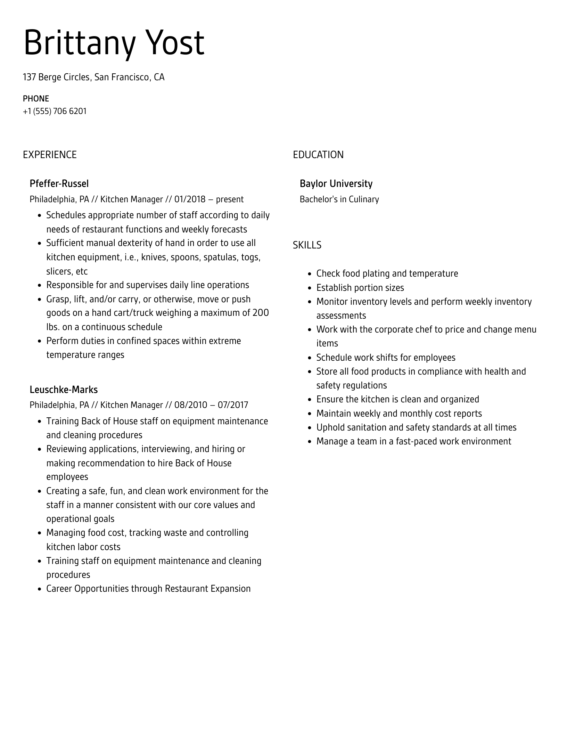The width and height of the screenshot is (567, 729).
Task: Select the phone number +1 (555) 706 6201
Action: click(55, 111)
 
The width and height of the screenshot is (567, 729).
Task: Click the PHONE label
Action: click(36, 99)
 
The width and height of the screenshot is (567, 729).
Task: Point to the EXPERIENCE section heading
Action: click(50, 155)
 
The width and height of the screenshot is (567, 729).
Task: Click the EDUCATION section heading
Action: click(318, 155)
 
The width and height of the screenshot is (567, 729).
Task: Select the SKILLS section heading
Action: click(307, 245)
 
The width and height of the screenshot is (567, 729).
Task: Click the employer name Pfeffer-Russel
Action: click(59, 183)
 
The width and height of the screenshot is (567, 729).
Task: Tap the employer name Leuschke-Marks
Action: click(64, 390)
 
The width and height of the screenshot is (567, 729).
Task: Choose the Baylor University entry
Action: click(336, 183)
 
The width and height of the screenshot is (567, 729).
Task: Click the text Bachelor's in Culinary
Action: click(339, 199)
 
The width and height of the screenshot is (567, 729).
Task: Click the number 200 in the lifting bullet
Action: click(261, 313)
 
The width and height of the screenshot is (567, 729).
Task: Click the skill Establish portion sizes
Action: click(360, 288)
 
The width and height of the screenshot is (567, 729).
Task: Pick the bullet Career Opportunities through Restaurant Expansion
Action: click(148, 589)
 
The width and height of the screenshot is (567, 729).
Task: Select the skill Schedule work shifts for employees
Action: click(386, 358)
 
